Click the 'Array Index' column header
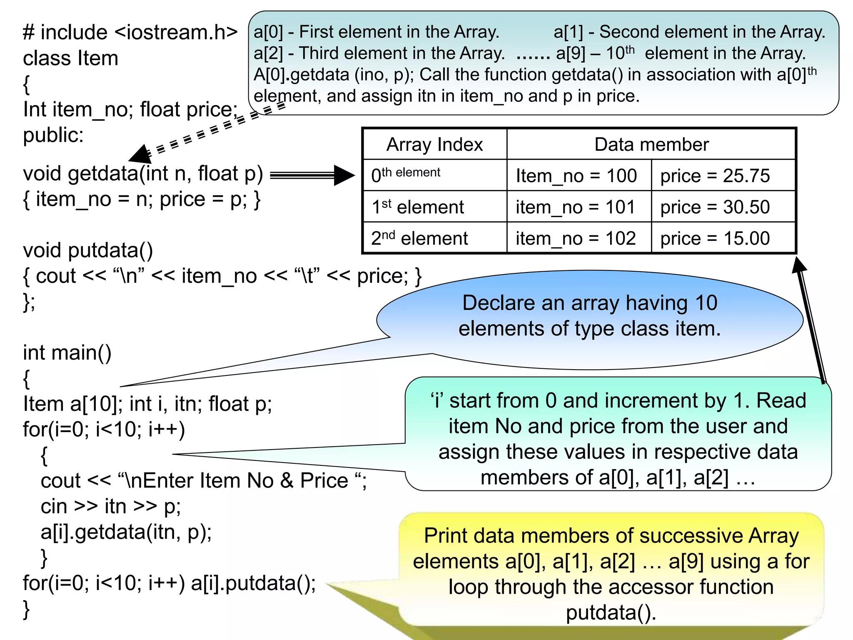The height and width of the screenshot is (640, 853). pos(434,145)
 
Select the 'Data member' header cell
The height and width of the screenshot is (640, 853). pos(651,145)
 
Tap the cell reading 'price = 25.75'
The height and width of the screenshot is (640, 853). pos(715,176)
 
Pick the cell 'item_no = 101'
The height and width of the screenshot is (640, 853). pos(575,207)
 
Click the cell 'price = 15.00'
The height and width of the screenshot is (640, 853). pos(715,238)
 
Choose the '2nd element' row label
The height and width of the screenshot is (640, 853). pos(419,238)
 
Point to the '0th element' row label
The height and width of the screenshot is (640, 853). pos(406,175)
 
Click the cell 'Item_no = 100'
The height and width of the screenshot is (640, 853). pos(576,176)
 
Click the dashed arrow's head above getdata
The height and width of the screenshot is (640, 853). pos(140,155)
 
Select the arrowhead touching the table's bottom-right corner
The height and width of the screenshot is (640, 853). pos(799,265)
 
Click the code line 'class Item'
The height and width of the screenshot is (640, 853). pos(70,58)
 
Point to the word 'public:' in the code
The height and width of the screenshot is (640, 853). pos(53,135)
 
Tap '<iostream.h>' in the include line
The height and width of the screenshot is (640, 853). pos(176,32)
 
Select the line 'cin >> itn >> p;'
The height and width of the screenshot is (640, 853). pos(110,506)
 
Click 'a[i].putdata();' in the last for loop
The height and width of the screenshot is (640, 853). pos(253,583)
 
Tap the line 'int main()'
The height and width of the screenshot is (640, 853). pos(67,352)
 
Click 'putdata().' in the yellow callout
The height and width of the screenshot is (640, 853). pos(611,612)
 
